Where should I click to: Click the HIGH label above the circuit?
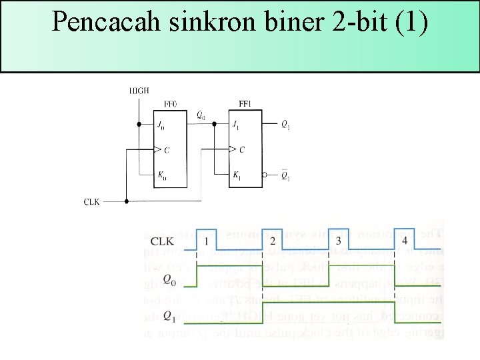click(x=139, y=91)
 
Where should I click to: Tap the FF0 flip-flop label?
click(x=171, y=104)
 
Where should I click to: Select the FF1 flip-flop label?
click(x=245, y=104)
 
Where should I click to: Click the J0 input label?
click(x=161, y=125)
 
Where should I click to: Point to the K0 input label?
click(x=161, y=176)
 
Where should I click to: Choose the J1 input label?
click(x=235, y=125)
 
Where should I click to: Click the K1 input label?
click(x=237, y=176)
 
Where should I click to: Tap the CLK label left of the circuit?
click(x=91, y=201)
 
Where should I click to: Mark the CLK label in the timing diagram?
click(x=164, y=241)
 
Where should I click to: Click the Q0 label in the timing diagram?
click(x=170, y=279)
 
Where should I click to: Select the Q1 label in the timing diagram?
click(x=170, y=316)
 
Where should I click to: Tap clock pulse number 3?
click(x=339, y=241)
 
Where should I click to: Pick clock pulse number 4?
click(x=405, y=241)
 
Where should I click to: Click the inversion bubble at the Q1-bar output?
click(x=265, y=176)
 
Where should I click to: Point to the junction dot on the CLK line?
click(x=126, y=201)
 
